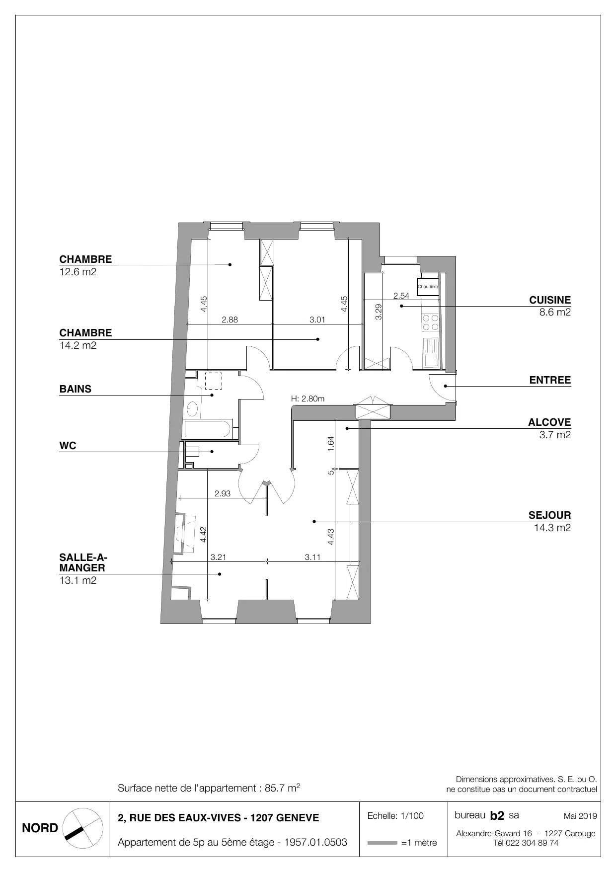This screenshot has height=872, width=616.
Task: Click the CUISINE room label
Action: click(x=550, y=300)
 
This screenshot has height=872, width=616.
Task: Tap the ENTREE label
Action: click(x=550, y=381)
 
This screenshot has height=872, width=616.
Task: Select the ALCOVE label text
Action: click(x=549, y=423)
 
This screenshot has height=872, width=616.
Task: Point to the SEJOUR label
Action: click(x=550, y=515)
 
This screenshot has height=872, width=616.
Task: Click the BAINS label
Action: click(x=76, y=389)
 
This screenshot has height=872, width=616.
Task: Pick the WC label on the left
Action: click(x=68, y=446)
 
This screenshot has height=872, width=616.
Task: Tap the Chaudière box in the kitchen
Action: click(x=428, y=287)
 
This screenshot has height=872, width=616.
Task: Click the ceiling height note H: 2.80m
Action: click(x=308, y=398)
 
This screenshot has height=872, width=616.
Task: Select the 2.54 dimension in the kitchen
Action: click(x=401, y=296)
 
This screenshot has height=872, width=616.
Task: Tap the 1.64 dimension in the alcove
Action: click(x=331, y=444)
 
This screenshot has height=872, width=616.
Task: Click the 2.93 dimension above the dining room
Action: click(x=223, y=493)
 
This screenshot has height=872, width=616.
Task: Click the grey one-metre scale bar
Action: click(x=383, y=843)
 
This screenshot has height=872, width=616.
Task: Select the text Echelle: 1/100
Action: click(x=395, y=815)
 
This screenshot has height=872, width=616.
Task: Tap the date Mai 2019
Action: click(x=580, y=816)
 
